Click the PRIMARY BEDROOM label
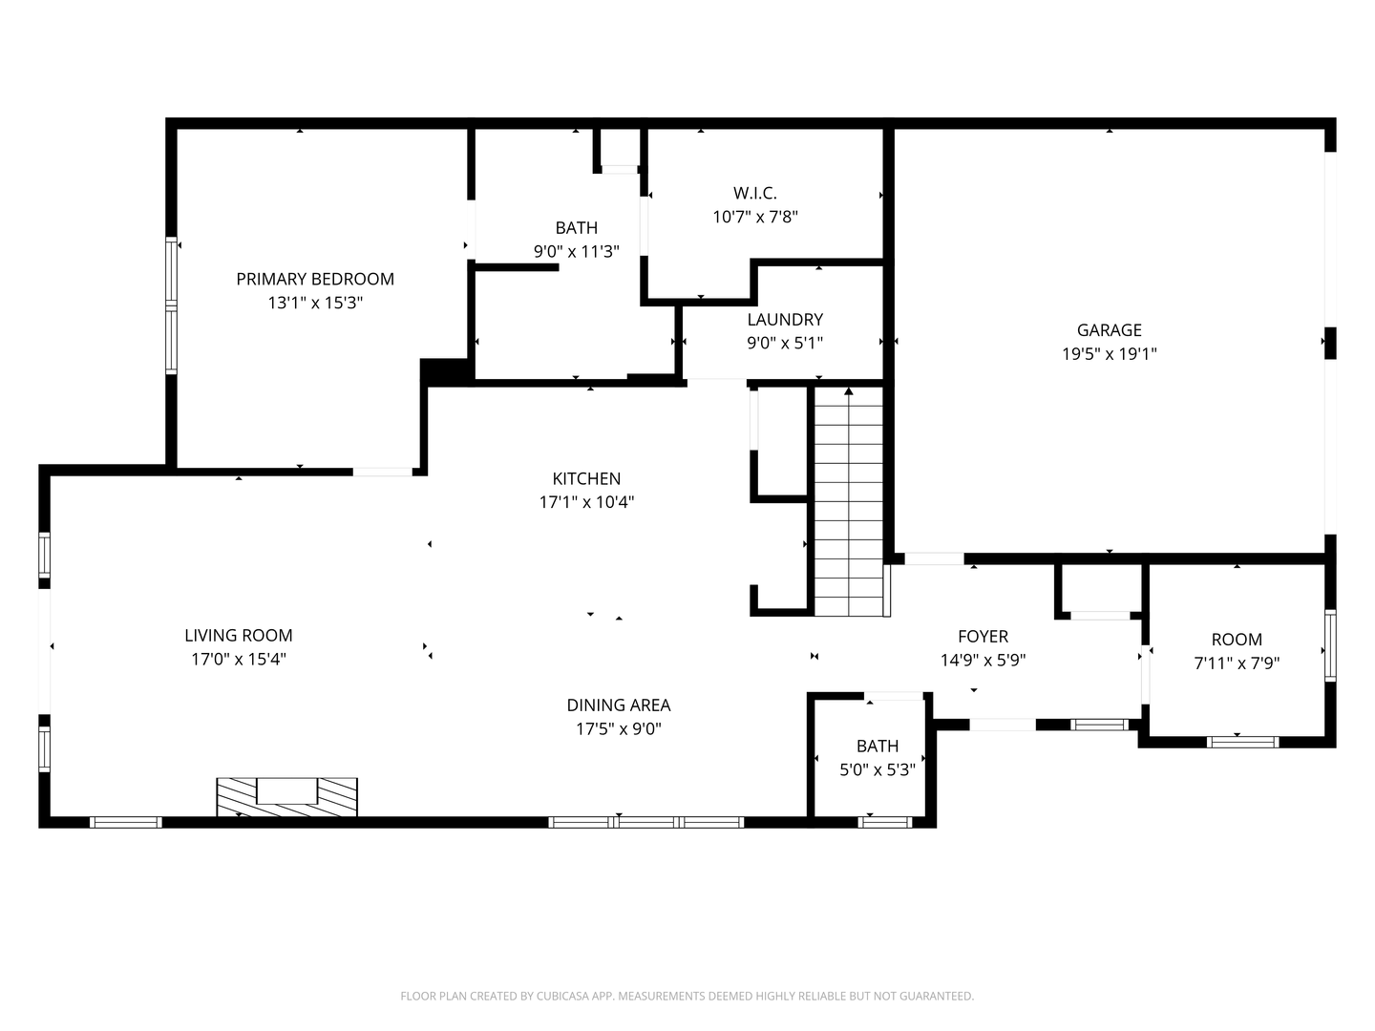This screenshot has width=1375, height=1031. [315, 279]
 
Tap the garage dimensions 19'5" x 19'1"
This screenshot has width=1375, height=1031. [1109, 353]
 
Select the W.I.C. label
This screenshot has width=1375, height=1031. [755, 193]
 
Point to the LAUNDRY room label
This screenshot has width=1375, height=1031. [785, 319]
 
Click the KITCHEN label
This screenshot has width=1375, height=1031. [586, 479]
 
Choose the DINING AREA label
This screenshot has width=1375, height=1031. [619, 705]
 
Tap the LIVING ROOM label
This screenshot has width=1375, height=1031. [238, 636]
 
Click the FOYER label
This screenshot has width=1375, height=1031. [983, 637]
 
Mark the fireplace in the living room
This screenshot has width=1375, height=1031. [286, 797]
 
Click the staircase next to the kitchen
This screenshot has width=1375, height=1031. [848, 501]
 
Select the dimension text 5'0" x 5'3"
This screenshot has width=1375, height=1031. [877, 769]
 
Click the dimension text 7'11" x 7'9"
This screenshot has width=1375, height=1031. [1237, 663]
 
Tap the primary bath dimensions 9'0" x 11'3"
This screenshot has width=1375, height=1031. [577, 252]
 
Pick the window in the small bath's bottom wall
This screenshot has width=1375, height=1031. [885, 822]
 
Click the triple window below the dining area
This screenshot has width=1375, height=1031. [646, 822]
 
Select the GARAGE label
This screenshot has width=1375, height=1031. [1109, 330]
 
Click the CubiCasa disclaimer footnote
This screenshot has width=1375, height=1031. [687, 996]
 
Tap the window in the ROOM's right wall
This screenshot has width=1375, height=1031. [1330, 645]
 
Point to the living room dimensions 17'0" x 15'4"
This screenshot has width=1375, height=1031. [238, 659]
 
